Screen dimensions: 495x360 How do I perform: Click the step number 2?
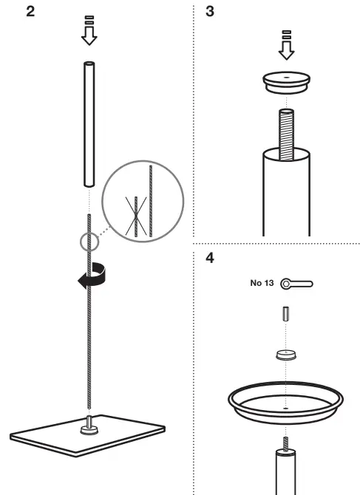(x=30, y=13)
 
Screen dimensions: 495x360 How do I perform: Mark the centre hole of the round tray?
(x=285, y=406)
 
